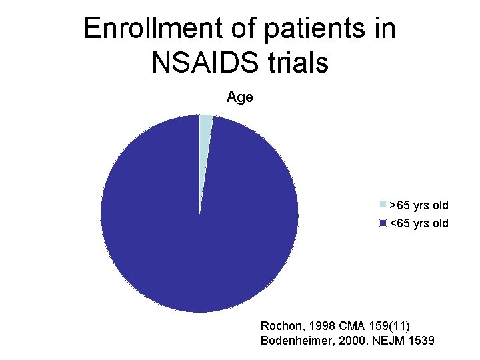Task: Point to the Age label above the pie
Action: pyautogui.click(x=239, y=97)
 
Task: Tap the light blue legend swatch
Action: pyautogui.click(x=383, y=205)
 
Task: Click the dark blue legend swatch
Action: pyautogui.click(x=383, y=223)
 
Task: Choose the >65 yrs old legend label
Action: pyautogui.click(x=419, y=205)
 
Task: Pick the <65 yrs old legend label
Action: pyautogui.click(x=419, y=223)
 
